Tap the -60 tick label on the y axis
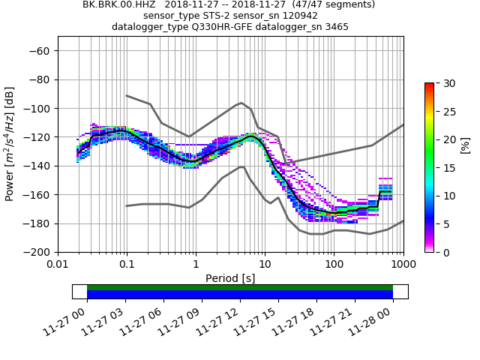tap(41, 50)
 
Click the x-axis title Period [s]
tap(230, 278)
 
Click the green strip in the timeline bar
tap(240, 287)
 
